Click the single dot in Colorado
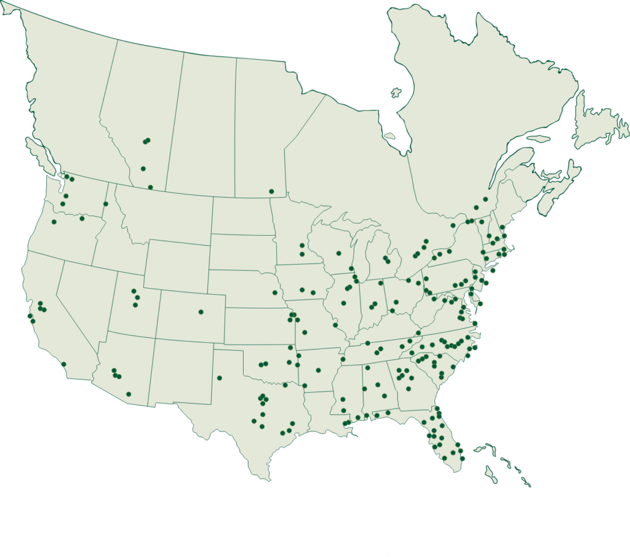tap(201, 312)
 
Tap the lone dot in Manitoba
tap(271, 191)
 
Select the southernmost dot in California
tap(63, 364)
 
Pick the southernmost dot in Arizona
tap(129, 394)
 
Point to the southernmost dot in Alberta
tap(150, 187)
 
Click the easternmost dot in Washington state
tap(106, 204)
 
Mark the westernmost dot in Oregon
tap(54, 222)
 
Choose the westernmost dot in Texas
tap(219, 378)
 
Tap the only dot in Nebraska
tap(275, 292)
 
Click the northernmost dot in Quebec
tap(485, 199)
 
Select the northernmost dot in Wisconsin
tap(302, 246)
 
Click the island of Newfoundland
tap(600, 123)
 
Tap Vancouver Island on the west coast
tap(41, 156)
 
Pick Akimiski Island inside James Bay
tap(389, 136)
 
